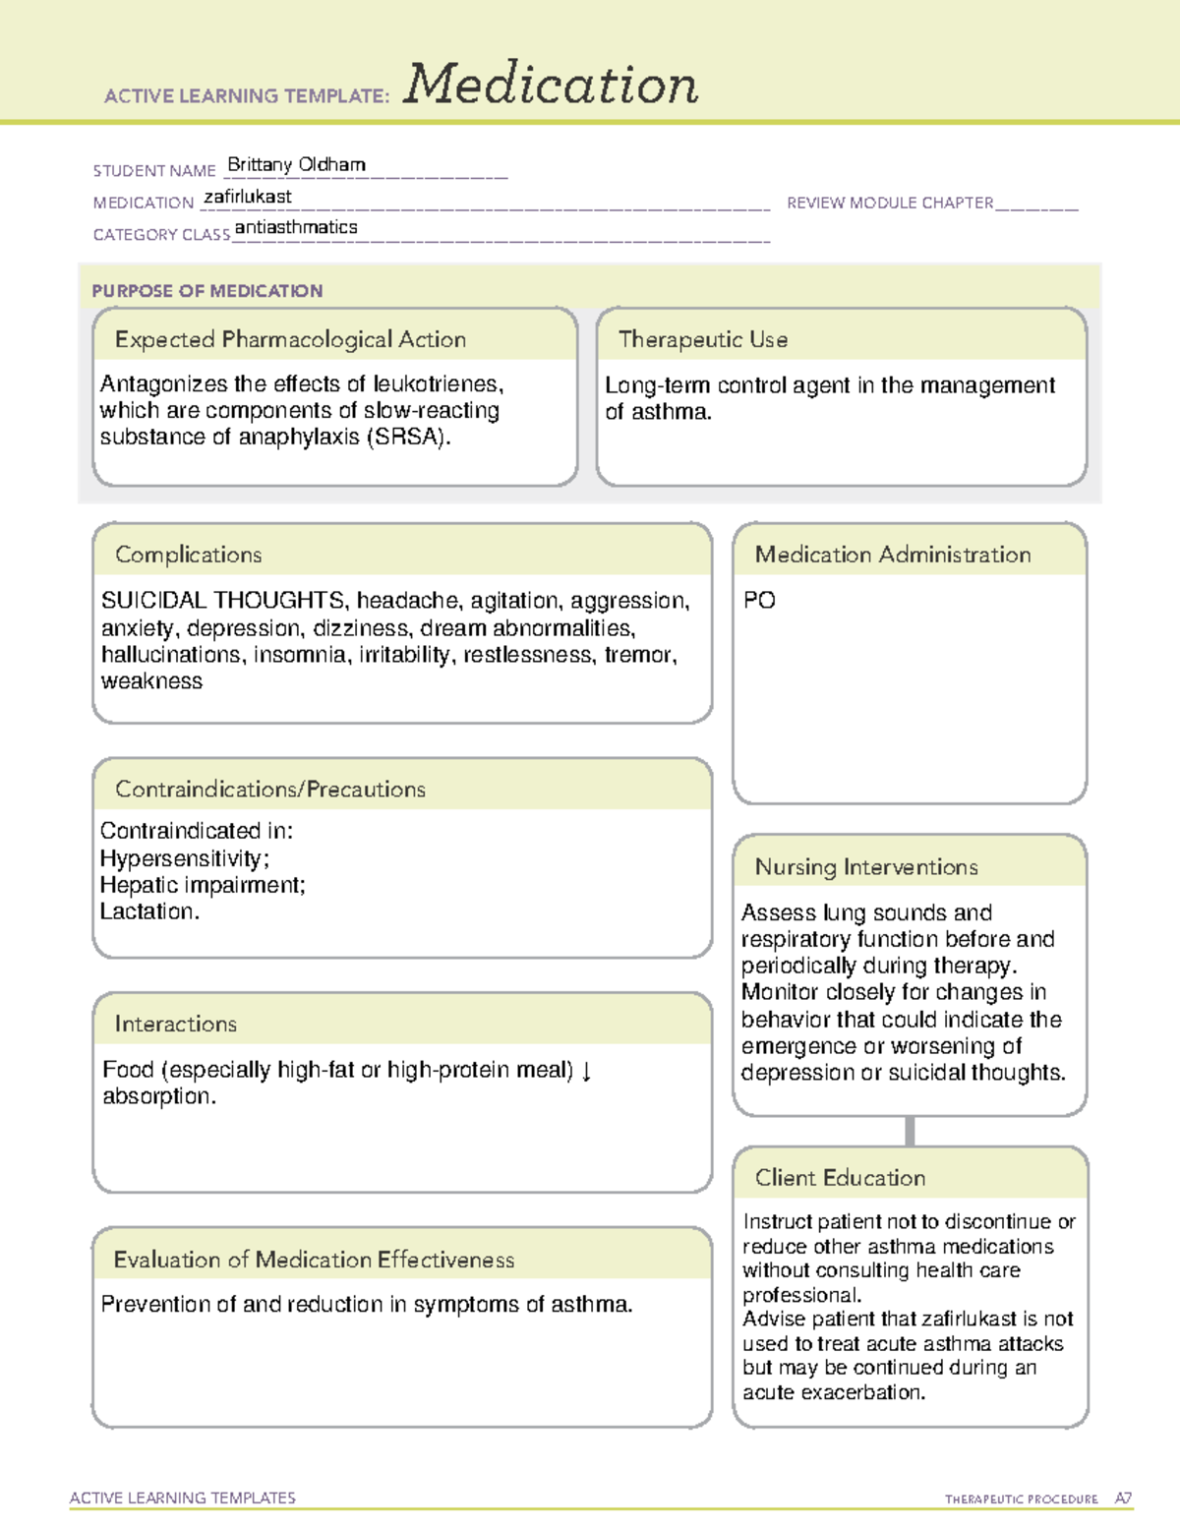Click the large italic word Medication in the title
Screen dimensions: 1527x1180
551,85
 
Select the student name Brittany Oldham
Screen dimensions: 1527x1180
296,164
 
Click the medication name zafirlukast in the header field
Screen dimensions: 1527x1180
247,197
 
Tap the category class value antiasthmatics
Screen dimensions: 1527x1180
296,227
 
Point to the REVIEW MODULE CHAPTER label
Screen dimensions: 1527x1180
890,203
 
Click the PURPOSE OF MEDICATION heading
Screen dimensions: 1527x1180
206,291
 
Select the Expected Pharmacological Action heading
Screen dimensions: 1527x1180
290,339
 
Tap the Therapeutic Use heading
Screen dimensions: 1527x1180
702,339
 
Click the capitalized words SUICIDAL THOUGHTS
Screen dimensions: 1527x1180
222,601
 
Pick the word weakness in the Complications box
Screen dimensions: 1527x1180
151,681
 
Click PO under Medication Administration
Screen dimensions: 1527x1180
759,601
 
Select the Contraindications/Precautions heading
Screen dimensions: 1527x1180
269,789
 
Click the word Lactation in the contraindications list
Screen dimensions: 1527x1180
147,911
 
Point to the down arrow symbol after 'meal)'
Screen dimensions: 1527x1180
587,1070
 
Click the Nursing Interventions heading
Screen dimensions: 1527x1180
865,866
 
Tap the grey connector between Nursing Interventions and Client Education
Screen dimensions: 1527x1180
910,1131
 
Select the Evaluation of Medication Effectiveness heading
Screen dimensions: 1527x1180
314,1260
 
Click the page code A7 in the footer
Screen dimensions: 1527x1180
1123,1498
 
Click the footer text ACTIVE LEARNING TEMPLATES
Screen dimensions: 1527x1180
183,1498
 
